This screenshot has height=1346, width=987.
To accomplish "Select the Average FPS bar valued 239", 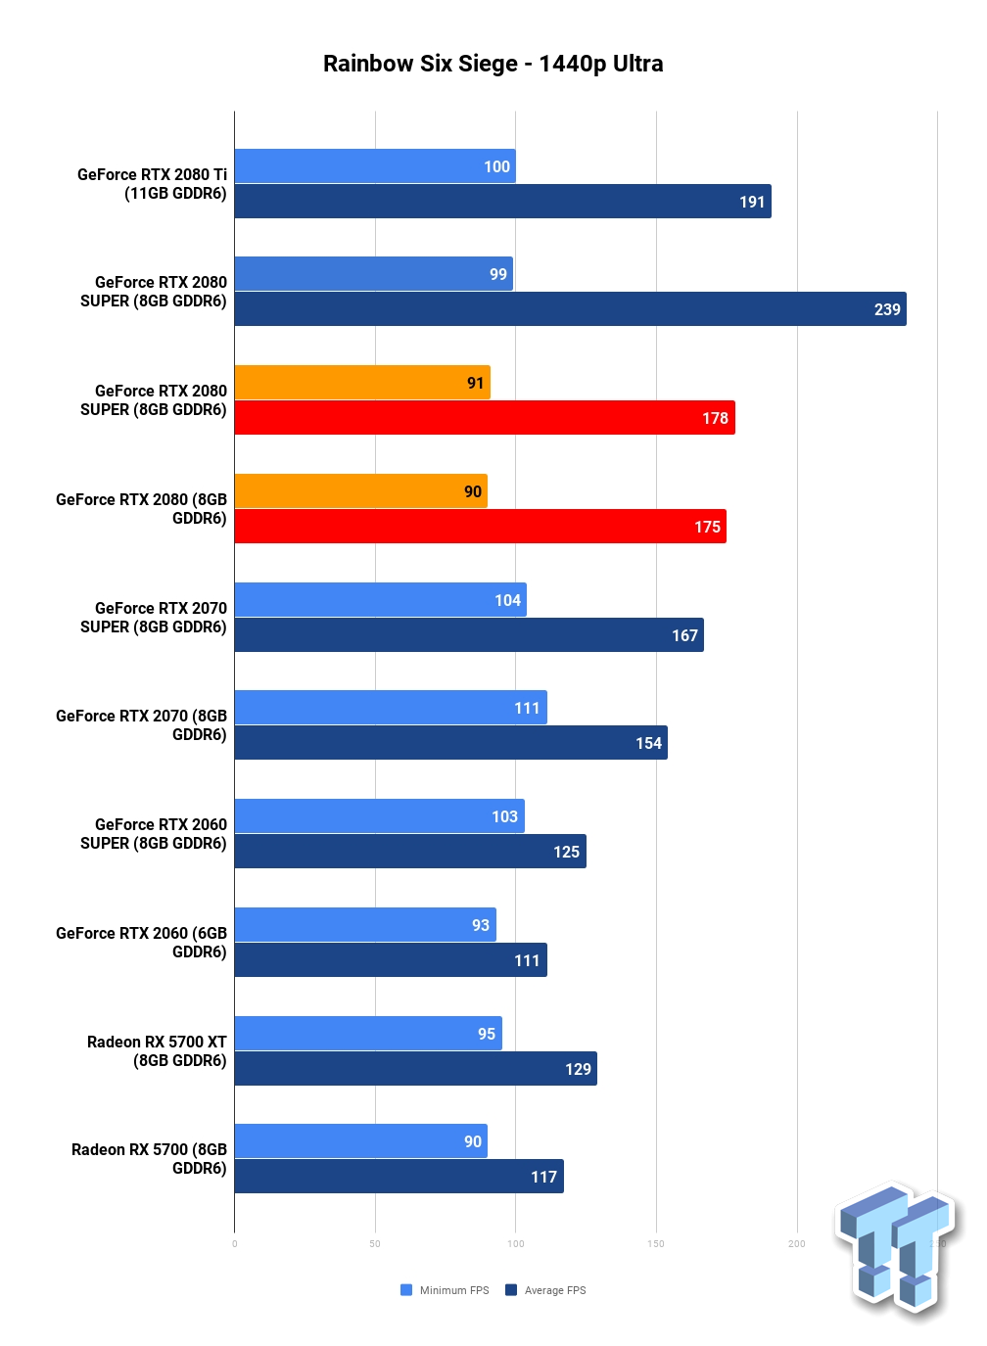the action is (571, 309).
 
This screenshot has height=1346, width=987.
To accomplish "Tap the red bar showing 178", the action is (485, 418).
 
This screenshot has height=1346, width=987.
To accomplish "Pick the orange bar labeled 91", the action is (362, 382).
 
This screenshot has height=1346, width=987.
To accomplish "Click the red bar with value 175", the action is (480, 527).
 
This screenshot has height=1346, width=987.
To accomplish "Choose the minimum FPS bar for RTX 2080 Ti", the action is (375, 165).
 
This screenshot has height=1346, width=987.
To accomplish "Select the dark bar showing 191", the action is (503, 202).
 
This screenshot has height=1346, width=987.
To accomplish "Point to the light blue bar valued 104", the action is (381, 600).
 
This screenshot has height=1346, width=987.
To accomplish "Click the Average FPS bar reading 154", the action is (450, 743).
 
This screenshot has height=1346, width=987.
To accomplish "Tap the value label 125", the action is (566, 852).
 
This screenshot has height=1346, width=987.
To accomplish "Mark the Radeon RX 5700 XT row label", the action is (157, 1051).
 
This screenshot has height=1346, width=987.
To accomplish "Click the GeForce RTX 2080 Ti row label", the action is (152, 184).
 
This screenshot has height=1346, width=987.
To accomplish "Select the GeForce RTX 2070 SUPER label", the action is (154, 617).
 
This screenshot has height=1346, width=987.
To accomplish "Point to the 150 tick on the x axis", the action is (656, 1244).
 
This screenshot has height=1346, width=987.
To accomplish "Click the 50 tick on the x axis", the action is (375, 1244).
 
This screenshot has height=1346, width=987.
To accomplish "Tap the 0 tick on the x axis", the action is (234, 1244).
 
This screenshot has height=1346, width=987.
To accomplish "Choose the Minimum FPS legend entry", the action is (445, 1290).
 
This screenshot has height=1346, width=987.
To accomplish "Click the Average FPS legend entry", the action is (545, 1290).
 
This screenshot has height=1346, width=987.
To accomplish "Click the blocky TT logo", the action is (896, 1250).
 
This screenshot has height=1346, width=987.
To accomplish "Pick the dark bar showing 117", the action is (399, 1177).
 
